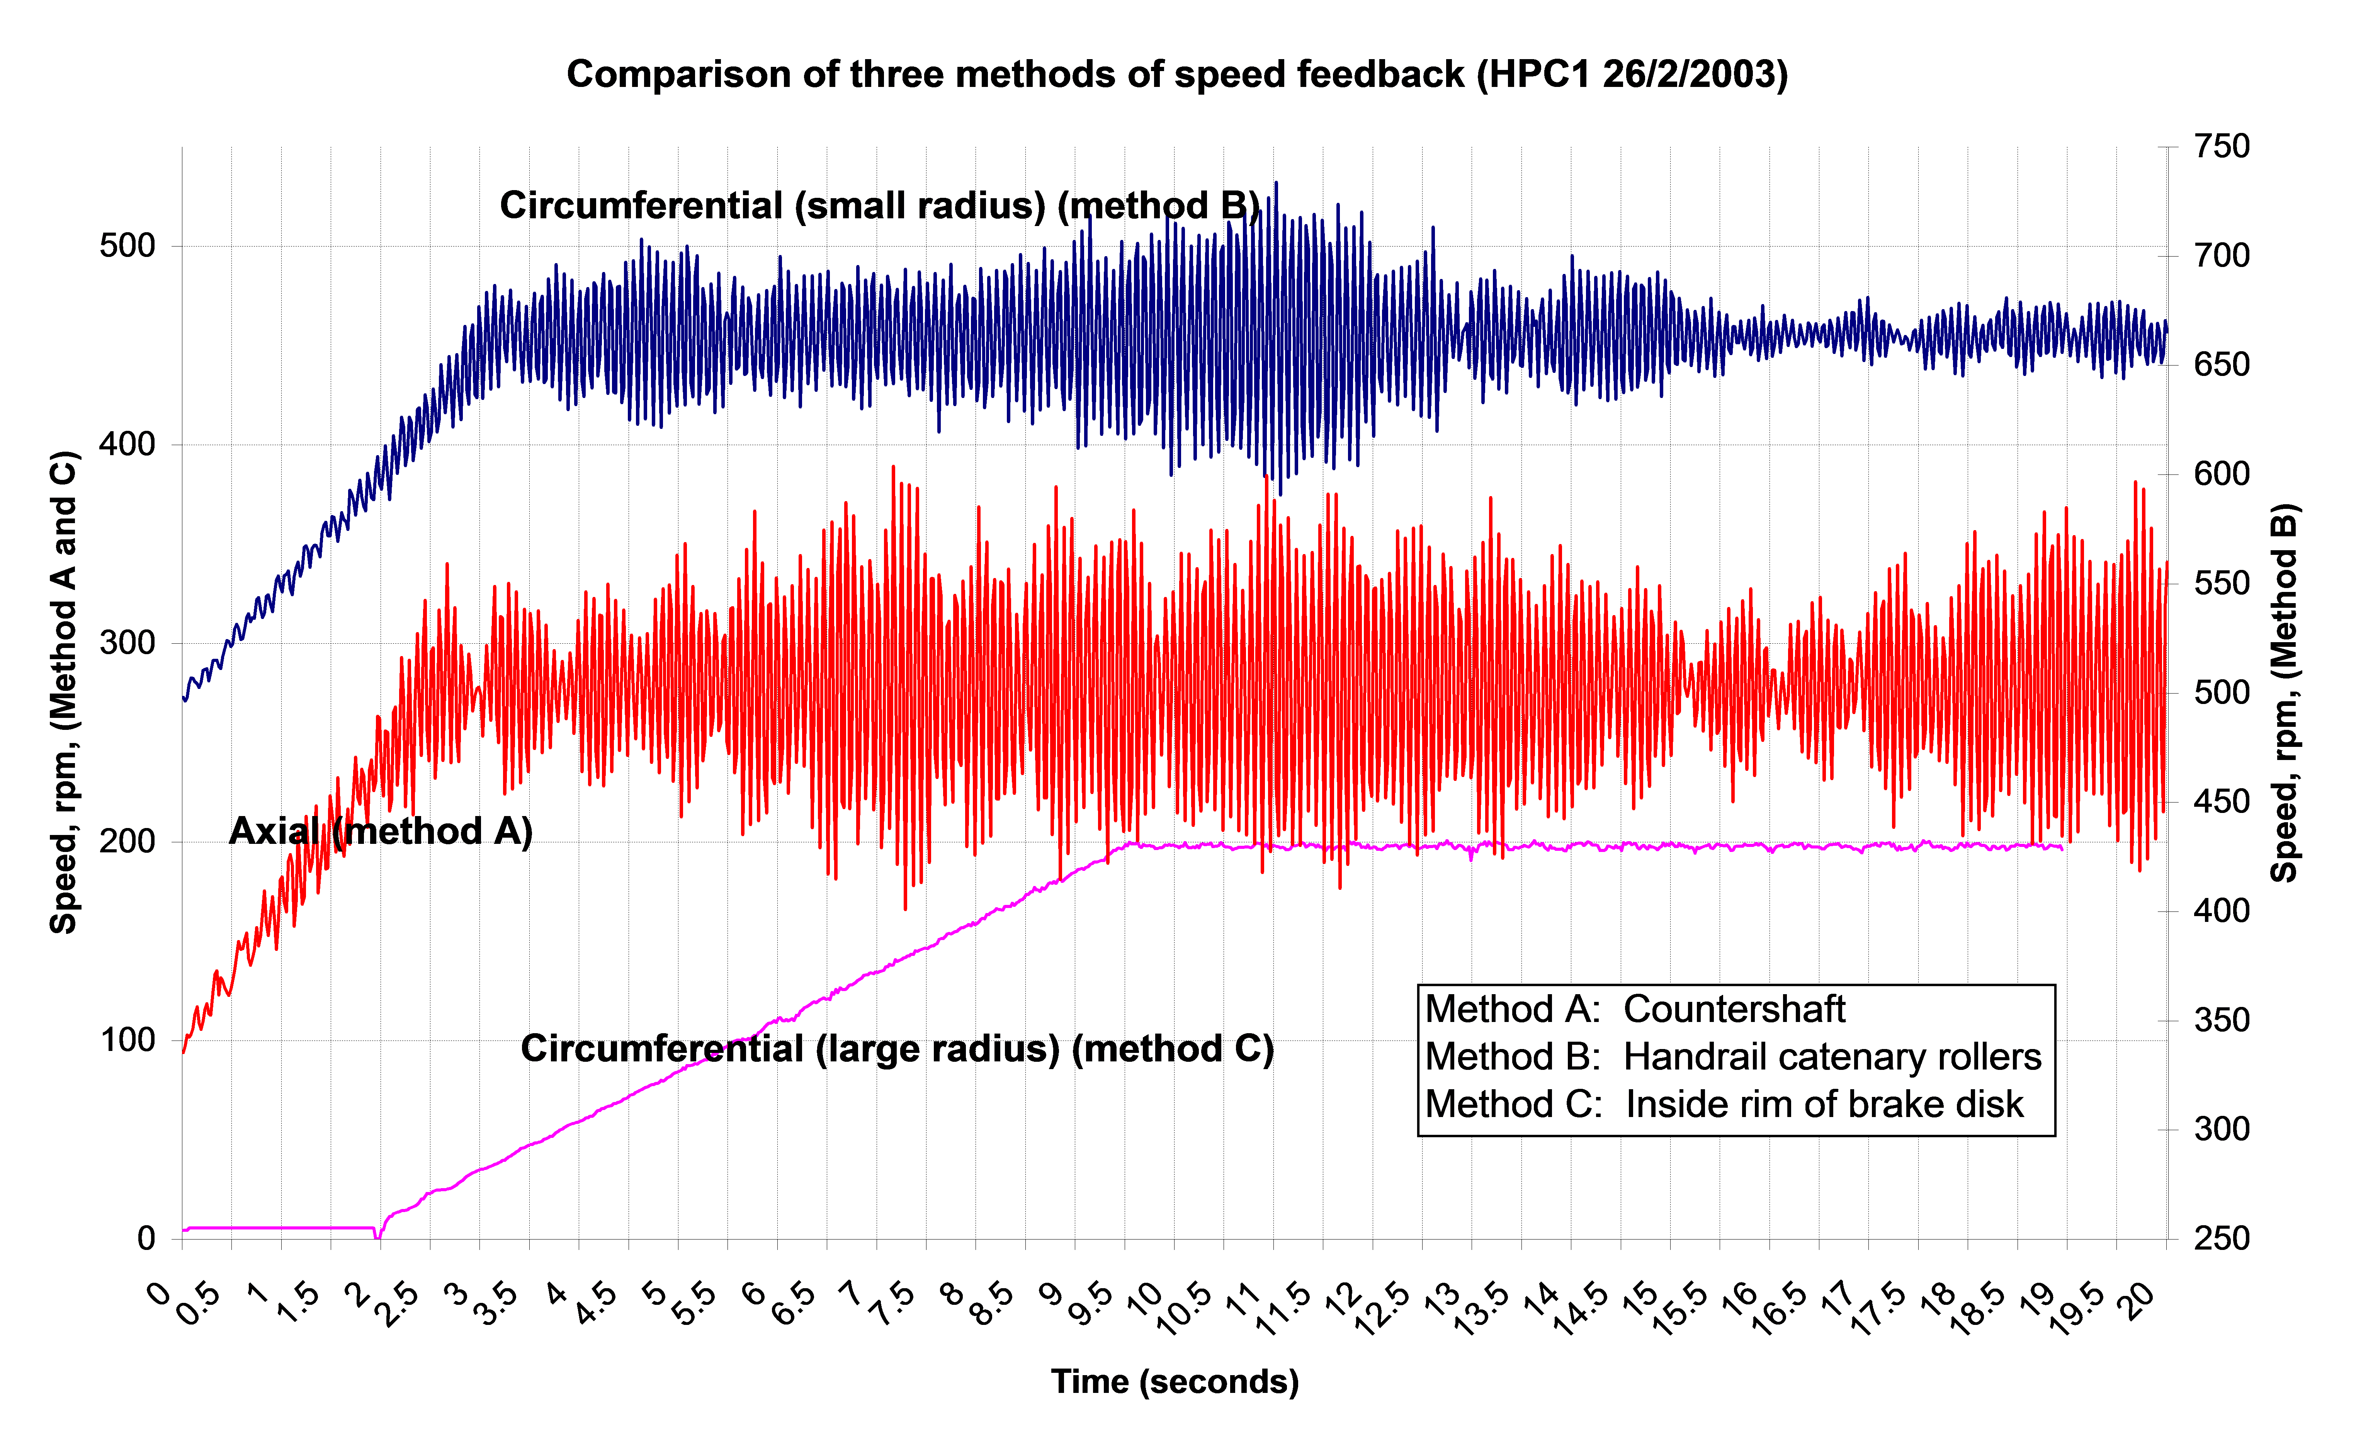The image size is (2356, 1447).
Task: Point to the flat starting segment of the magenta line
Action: tap(277, 1228)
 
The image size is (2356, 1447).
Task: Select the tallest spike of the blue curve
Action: tap(1276, 184)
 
